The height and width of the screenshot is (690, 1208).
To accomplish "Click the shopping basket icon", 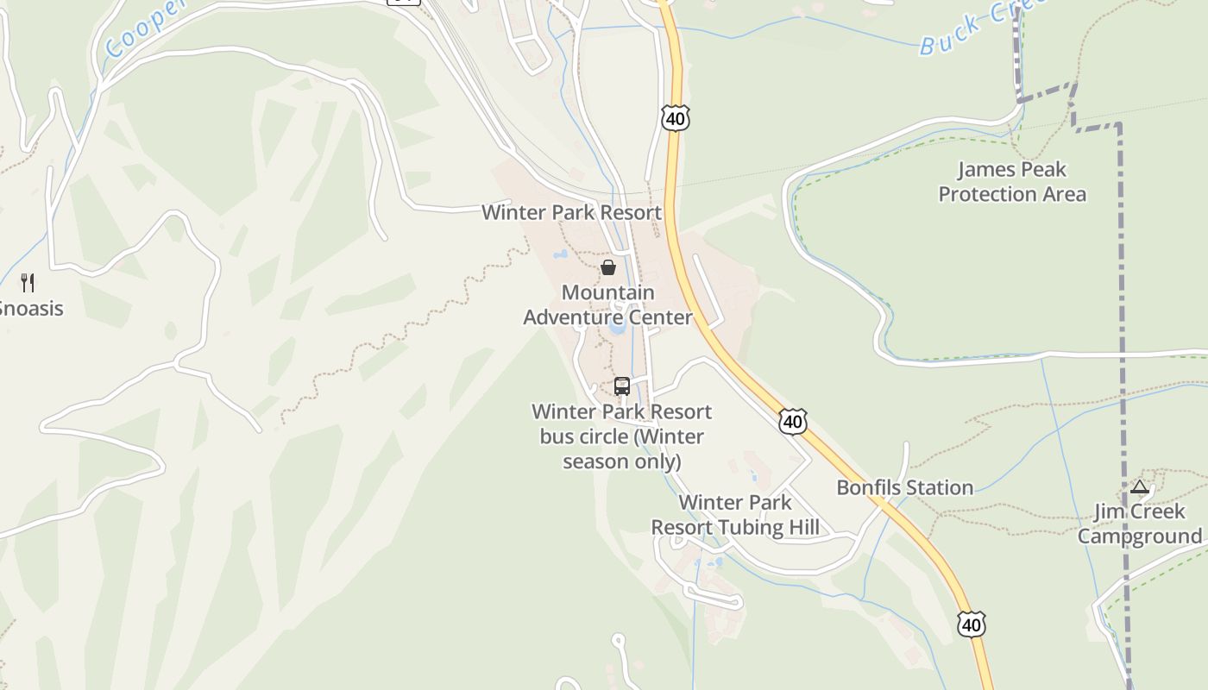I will pos(608,267).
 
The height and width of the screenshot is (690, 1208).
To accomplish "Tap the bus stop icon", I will pos(622,386).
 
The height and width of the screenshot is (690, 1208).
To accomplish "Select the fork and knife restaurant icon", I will pos(28,282).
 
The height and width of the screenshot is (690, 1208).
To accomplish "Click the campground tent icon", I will pos(1140,487).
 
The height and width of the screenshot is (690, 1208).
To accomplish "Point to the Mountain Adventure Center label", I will pos(607,305).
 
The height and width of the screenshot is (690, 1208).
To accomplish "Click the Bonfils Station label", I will pos(905,487).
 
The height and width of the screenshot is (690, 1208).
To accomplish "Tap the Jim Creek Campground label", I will pos(1140,524).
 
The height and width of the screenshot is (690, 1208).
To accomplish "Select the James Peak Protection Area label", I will pos(1012,181).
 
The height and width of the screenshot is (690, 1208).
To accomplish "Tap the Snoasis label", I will pos(29,308).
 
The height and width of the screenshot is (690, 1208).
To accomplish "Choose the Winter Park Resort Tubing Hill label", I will pos(735,515).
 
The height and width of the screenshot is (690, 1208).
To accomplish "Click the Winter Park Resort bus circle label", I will pos(622,436).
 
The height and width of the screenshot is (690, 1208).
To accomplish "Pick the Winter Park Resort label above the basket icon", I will pos(571,212).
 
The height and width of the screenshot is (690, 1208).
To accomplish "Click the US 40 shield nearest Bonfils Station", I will pos(792,422).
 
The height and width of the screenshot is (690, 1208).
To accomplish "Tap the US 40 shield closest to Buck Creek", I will pos(676,119).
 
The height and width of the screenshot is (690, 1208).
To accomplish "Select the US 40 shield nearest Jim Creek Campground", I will pos(971,624).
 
